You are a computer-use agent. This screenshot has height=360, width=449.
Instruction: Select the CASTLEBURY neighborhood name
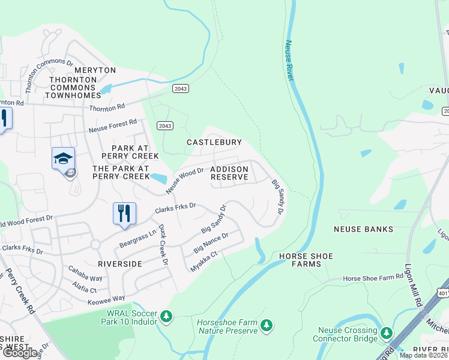(x=214, y=142)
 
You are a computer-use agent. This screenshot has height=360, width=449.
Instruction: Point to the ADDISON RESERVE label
(x=229, y=173)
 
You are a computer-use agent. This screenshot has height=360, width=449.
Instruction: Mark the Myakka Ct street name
(x=203, y=262)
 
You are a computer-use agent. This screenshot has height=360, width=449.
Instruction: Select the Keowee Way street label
(x=106, y=298)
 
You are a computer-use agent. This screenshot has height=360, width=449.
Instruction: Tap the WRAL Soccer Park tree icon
(x=166, y=316)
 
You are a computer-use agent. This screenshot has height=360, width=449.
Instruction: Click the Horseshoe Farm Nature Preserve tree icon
(x=267, y=326)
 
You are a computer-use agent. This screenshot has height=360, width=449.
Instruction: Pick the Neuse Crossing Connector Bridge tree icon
(x=387, y=332)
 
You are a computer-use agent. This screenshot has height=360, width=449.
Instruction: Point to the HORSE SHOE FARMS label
(x=306, y=260)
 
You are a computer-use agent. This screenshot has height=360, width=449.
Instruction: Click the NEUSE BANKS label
(x=364, y=229)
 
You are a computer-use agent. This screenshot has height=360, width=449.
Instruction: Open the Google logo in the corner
(x=20, y=353)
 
